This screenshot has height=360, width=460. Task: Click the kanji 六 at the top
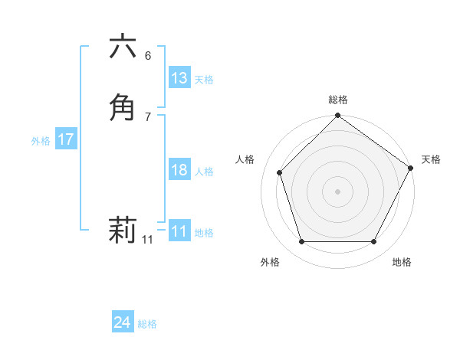click(x=123, y=47)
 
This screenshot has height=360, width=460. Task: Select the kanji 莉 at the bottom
click(x=123, y=229)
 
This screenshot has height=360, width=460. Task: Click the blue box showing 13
click(x=179, y=78)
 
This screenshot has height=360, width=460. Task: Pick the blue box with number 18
click(x=179, y=170)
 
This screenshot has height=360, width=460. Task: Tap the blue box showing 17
click(x=65, y=140)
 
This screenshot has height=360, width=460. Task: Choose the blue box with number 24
click(x=123, y=322)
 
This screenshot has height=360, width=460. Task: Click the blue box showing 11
click(x=179, y=231)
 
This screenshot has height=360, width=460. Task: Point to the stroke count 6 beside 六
click(x=148, y=56)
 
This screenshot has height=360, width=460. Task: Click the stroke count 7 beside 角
click(x=148, y=116)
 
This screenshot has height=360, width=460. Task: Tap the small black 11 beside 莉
click(x=147, y=240)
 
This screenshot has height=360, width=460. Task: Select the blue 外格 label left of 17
click(x=41, y=141)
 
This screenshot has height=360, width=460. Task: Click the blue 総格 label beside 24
click(x=147, y=324)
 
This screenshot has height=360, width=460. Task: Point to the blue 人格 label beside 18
click(x=204, y=172)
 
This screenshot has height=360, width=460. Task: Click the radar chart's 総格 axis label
click(x=337, y=100)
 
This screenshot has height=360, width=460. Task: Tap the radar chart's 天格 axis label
click(x=431, y=159)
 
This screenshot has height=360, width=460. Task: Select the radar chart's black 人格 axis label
click(x=245, y=159)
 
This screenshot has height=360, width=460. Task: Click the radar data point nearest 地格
click(x=374, y=242)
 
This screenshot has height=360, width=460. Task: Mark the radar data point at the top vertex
click(x=337, y=117)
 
